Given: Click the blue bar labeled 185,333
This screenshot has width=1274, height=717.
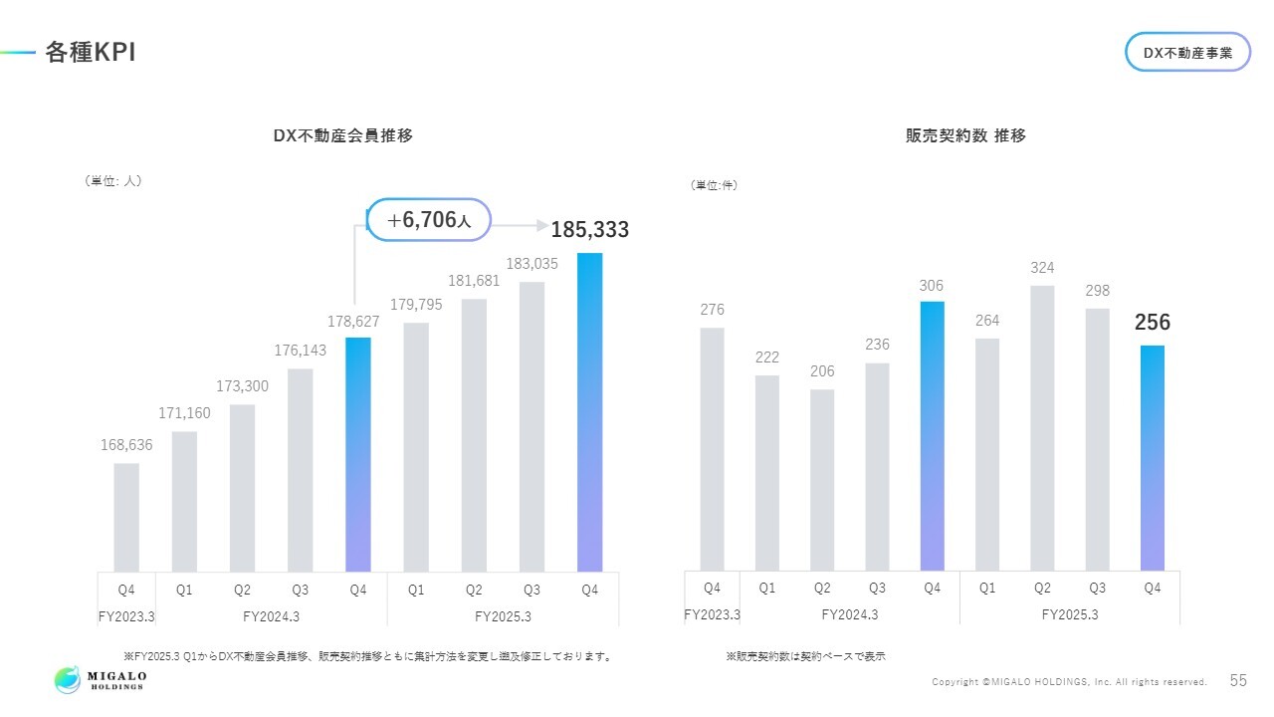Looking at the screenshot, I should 589,412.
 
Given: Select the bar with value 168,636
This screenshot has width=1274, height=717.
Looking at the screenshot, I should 126,518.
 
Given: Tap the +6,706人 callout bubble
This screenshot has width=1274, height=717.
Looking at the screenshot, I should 429,220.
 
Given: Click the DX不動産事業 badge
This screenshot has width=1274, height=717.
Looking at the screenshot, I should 1187,53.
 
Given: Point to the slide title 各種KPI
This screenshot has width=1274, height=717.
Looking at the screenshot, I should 90,53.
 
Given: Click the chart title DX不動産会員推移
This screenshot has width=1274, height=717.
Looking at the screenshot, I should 342,136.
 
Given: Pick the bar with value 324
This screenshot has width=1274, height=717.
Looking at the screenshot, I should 1042,428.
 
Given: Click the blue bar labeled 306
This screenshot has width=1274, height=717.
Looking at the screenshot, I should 932,436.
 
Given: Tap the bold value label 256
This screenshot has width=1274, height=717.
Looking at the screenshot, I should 1153,323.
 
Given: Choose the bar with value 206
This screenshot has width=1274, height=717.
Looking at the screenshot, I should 822,480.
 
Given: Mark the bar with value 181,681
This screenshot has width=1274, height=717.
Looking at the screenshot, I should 474,435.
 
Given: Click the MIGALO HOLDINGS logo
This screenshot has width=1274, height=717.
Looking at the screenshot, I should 101,680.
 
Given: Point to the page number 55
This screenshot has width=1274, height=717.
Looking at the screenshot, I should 1238,681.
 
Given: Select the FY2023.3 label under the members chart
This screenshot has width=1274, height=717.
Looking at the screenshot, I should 126,616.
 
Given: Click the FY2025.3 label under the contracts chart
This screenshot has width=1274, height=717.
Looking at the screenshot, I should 1070,614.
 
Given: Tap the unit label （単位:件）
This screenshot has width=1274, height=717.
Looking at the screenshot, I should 714,185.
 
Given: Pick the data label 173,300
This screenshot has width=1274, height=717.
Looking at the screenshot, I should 242,385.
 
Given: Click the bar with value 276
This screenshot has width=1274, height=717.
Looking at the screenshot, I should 712,449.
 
